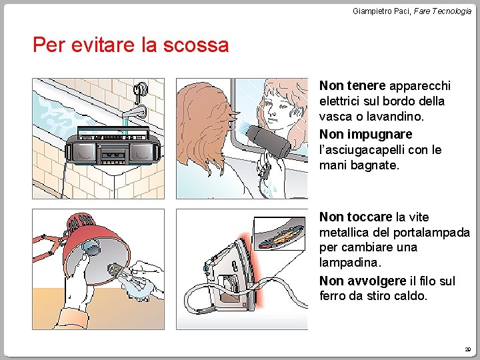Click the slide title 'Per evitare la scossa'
(x=131, y=45)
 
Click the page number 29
(x=468, y=349)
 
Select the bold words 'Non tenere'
(x=352, y=85)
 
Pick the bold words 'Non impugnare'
(x=365, y=134)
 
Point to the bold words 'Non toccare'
(x=355, y=217)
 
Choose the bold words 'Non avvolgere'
(x=363, y=281)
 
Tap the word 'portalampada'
(x=431, y=233)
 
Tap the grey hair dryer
(x=269, y=141)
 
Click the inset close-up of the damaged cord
(x=279, y=233)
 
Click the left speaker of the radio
(x=83, y=151)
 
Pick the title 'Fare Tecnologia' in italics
(x=443, y=11)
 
